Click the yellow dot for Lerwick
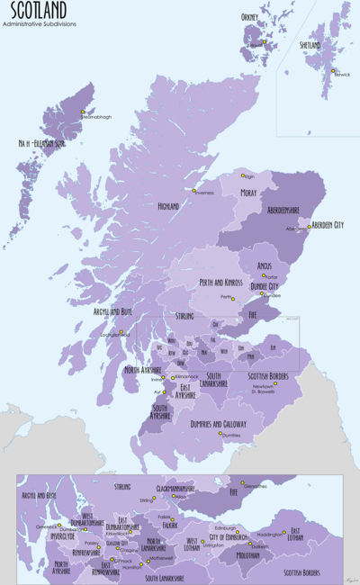click(x=332, y=71)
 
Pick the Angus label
click(x=265, y=266)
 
